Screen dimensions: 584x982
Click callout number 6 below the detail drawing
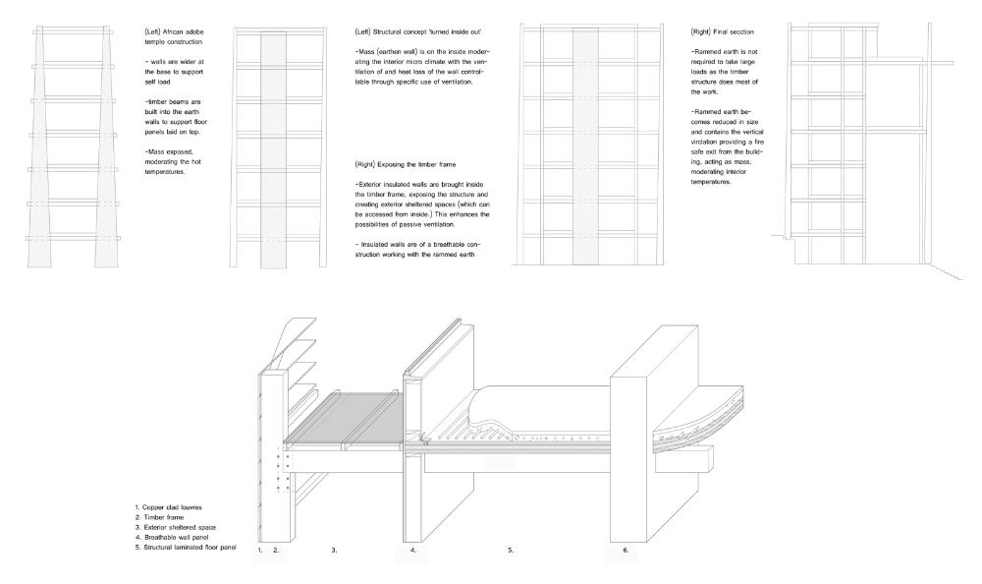(x=625, y=551)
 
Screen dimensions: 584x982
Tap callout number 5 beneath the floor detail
(x=511, y=551)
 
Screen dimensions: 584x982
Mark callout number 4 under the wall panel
(x=412, y=551)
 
